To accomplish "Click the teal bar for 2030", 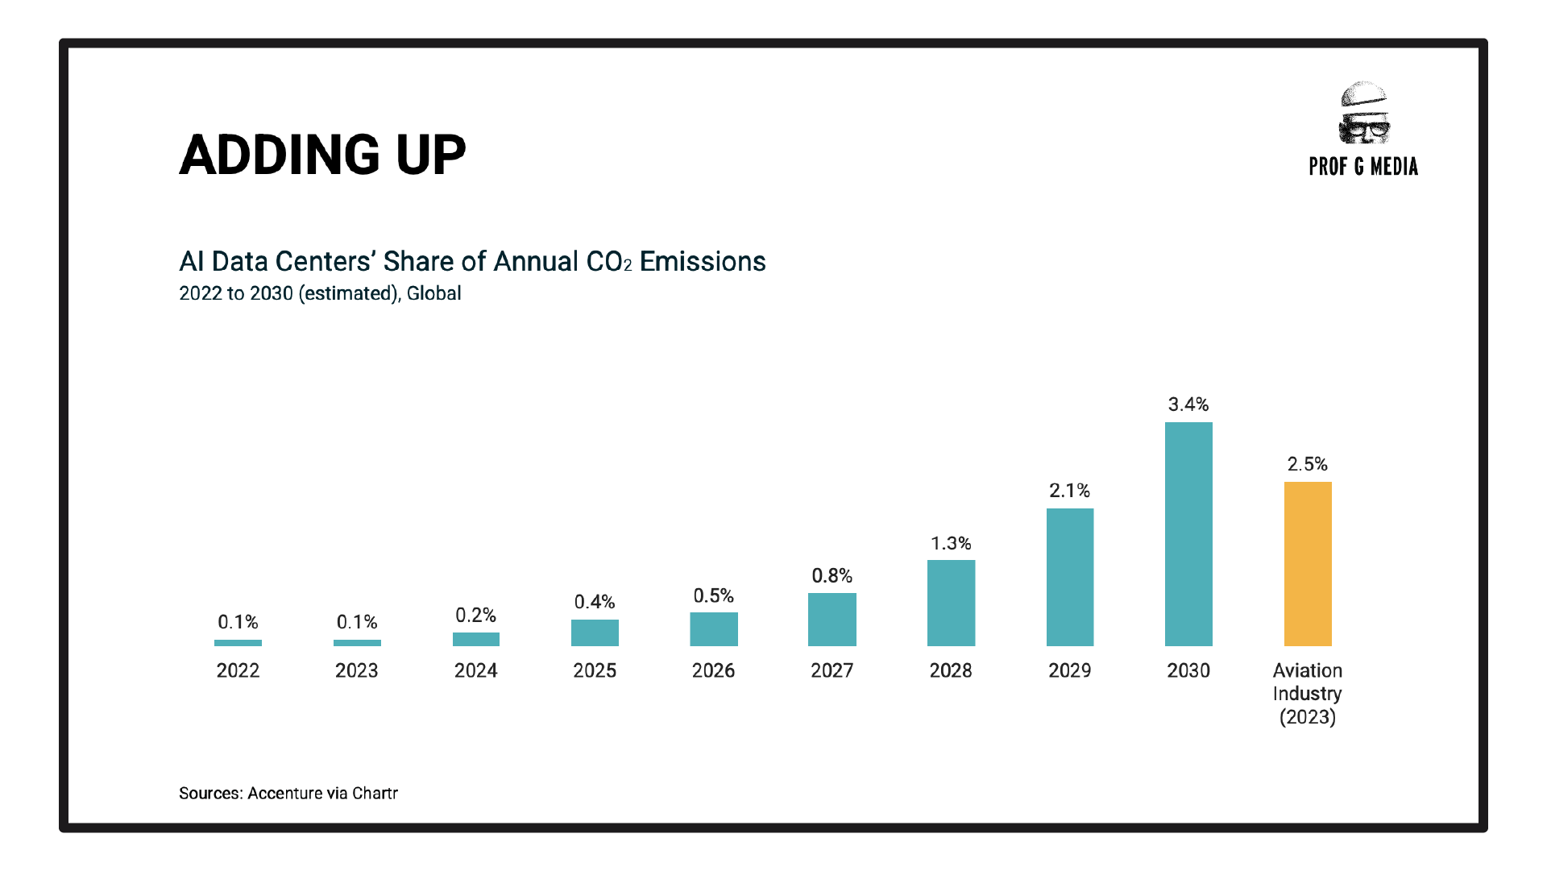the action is tap(1188, 534).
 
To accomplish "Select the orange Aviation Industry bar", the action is tap(1308, 564).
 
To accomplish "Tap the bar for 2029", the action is tap(1070, 577).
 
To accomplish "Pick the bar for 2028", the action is tap(951, 603).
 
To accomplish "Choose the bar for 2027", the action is tap(832, 620).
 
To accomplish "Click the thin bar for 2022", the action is tap(238, 643).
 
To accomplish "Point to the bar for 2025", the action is tap(595, 633).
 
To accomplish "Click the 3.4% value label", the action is tap(1188, 404).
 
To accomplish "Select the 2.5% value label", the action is tap(1308, 464).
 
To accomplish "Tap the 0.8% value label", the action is tap(832, 576).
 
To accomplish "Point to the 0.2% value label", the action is tap(475, 616).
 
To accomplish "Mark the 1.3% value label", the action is tap(951, 543).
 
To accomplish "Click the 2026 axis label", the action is tap(713, 670).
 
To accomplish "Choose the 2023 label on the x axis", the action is tap(357, 670).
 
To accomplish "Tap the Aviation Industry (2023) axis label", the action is tap(1308, 694).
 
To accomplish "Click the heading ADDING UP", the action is tap(322, 155).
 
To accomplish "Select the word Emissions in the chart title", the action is tap(703, 262).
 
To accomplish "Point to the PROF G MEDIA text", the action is tap(1363, 167).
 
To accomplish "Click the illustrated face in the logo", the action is tap(1363, 113).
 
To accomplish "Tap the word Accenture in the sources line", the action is tap(285, 794).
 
